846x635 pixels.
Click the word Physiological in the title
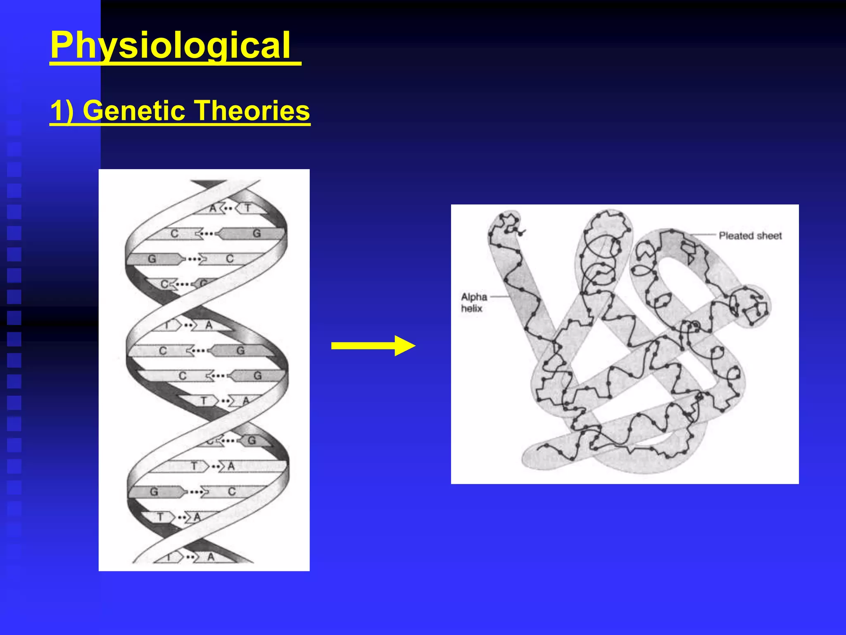tap(170, 45)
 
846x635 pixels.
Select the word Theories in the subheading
tap(252, 111)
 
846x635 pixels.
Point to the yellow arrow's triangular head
tap(404, 346)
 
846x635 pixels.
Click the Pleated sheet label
tap(750, 236)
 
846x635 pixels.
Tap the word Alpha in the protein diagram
tap(474, 297)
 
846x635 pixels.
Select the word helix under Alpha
tap(471, 308)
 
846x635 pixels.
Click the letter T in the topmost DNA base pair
tap(248, 208)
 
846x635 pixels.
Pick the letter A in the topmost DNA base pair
tap(213, 208)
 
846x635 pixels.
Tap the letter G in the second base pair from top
tap(257, 234)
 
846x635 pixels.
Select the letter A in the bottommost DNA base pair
tap(211, 557)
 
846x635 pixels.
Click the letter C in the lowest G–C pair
tap(231, 492)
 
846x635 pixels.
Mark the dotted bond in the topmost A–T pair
tap(228, 208)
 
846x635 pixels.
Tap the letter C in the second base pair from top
tap(174, 234)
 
